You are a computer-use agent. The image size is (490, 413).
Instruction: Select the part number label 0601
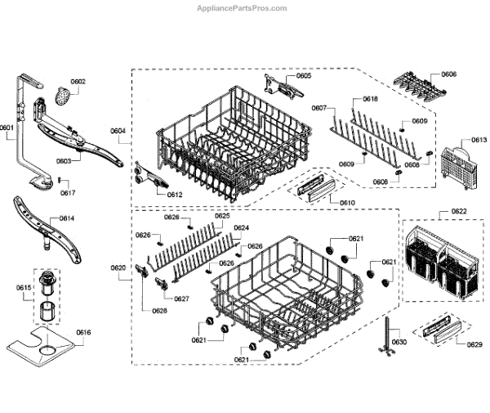7,128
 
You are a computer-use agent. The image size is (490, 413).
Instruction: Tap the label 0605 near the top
304,76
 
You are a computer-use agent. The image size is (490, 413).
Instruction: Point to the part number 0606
448,74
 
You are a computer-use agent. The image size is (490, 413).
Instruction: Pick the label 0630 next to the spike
399,341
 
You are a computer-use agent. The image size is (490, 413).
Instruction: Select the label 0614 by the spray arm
67,218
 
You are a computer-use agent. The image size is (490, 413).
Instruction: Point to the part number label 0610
347,202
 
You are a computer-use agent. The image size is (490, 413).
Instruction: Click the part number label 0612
174,195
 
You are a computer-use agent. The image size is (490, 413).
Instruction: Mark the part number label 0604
118,131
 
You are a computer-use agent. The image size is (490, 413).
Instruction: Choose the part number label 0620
118,268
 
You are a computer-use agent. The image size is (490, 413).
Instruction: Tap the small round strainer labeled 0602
63,97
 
